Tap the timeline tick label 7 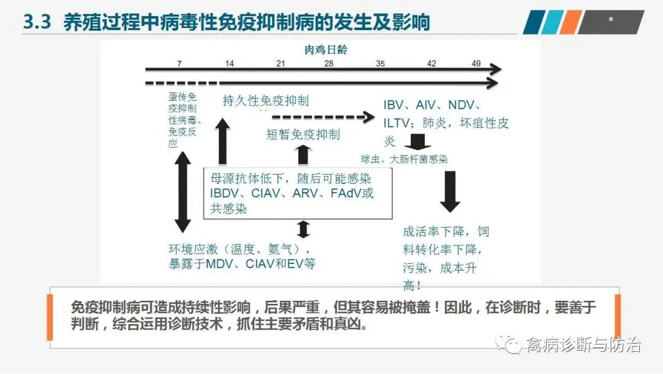179,64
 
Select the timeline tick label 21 281,64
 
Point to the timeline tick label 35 381,64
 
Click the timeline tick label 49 476,64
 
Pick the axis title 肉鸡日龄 326,50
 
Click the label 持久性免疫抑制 266,101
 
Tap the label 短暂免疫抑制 303,134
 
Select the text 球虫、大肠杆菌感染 404,159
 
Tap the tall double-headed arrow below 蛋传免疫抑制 182,192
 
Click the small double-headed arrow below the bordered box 303,229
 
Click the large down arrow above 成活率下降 450,191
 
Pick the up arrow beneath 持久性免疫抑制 222,143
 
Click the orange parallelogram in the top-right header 570,22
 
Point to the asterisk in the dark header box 611,20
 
